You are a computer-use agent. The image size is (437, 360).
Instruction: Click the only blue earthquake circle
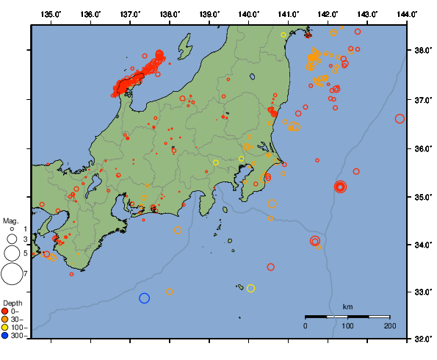pyautogui.click(x=145, y=298)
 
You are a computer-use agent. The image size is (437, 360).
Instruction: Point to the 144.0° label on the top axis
pyautogui.click(x=407, y=14)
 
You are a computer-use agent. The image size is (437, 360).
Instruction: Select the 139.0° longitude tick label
pyautogui.click(x=209, y=14)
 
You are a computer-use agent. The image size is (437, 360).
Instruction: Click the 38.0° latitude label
pyautogui.click(x=421, y=51)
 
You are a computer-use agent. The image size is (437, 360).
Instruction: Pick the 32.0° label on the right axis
pyautogui.click(x=421, y=340)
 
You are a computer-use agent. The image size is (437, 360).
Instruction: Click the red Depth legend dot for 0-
pyautogui.click(x=6, y=312)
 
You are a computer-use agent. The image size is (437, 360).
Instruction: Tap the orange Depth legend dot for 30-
pyautogui.click(x=6, y=320)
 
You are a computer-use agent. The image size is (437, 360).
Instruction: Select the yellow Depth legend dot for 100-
pyautogui.click(x=6, y=328)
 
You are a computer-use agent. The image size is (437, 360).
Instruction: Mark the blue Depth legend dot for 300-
pyautogui.click(x=6, y=336)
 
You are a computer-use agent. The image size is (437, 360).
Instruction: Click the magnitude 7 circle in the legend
pyautogui.click(x=12, y=274)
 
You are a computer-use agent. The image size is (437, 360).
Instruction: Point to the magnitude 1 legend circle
pyautogui.click(x=12, y=229)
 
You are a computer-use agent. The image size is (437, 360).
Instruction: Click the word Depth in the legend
pyautogui.click(x=13, y=303)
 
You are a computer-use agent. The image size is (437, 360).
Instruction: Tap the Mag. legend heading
pyautogui.click(x=10, y=220)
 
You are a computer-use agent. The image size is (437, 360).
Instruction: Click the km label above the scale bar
pyautogui.click(x=347, y=306)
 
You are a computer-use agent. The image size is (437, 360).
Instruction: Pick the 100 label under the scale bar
pyautogui.click(x=347, y=325)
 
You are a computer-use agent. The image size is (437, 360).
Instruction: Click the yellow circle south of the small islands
pyautogui.click(x=250, y=288)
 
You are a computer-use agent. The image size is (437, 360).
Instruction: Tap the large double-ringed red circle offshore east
pyautogui.click(x=340, y=187)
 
